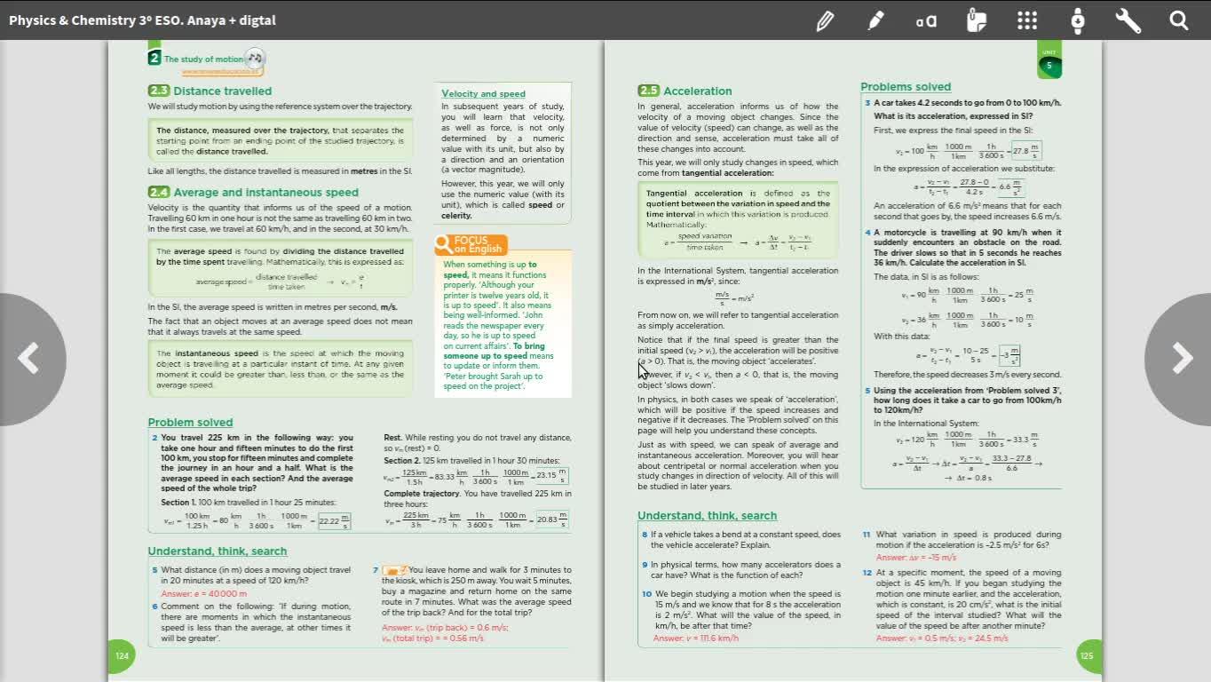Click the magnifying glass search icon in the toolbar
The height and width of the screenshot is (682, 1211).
click(1178, 20)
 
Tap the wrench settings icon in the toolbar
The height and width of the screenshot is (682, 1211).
click(1128, 20)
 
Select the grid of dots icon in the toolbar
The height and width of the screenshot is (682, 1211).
click(1027, 20)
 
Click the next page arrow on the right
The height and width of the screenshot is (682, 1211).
click(1181, 359)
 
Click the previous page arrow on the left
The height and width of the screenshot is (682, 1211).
click(29, 359)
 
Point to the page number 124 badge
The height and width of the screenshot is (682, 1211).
click(122, 656)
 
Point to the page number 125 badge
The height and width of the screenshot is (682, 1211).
click(1088, 656)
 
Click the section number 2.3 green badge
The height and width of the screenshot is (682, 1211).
click(159, 91)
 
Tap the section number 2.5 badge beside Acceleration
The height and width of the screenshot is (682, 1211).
click(648, 91)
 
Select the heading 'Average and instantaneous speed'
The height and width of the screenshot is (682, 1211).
click(265, 192)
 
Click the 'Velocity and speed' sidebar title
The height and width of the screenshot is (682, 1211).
click(483, 93)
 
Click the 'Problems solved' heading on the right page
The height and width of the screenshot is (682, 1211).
click(905, 86)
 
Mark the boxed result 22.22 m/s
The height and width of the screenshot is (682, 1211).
click(334, 520)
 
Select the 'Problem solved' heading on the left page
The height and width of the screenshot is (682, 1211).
click(190, 422)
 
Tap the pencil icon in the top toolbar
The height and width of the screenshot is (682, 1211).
click(825, 20)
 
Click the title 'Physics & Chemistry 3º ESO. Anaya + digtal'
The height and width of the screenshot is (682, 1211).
click(142, 20)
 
